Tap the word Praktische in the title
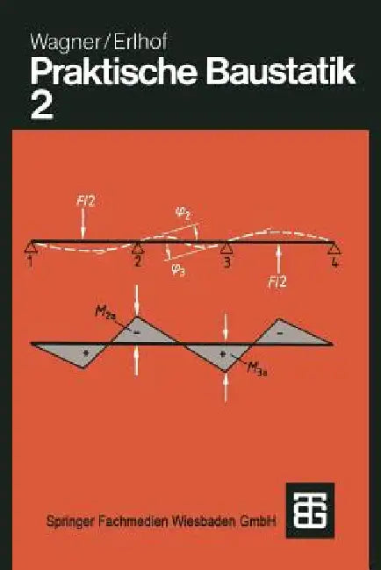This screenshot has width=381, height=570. [x=114, y=72]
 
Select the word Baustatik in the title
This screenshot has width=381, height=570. [x=281, y=72]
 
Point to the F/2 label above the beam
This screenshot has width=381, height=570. [x=85, y=201]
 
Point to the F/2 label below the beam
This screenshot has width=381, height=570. [x=277, y=282]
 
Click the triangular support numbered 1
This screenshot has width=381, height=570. [x=32, y=247]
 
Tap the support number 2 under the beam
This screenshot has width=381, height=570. [x=138, y=261]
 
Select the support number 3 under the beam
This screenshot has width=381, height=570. [x=227, y=261]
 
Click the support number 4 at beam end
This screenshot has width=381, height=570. [x=334, y=261]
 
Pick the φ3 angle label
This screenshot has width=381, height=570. [x=178, y=270]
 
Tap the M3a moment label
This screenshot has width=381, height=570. [x=257, y=371]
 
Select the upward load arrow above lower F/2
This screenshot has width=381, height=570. [x=279, y=259]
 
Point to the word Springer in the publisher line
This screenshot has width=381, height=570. [x=70, y=522]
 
